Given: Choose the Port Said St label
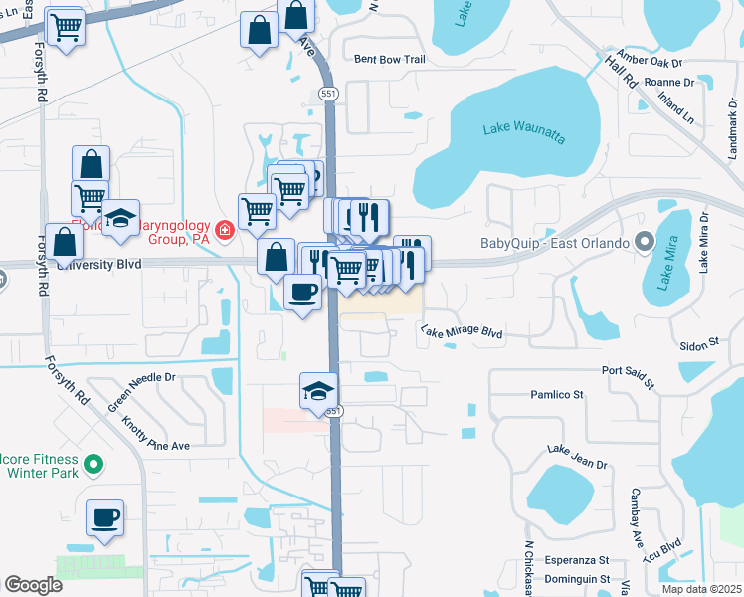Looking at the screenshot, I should tap(629, 375).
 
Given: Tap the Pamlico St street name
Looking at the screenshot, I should tap(554, 395).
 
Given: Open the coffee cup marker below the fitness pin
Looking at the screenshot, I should tap(105, 518).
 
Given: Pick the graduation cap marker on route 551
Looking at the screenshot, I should tap(319, 391).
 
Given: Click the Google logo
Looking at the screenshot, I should tap(33, 585).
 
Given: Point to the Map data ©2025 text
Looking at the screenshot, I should tap(700, 589).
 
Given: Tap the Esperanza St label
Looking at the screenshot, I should tap(576, 560).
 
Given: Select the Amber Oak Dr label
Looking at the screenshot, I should tap(645, 59).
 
